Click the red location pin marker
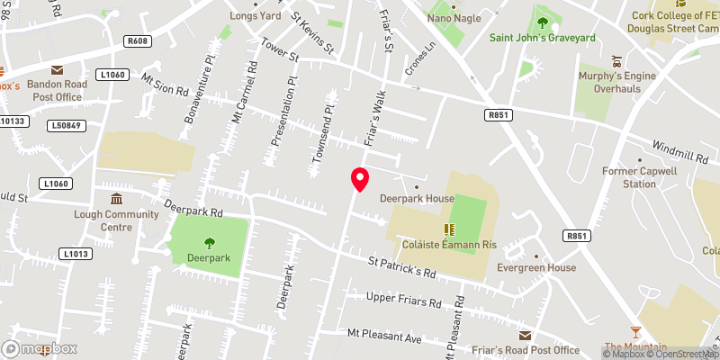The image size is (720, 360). [x=359, y=179]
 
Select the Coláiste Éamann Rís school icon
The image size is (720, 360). [x=447, y=230]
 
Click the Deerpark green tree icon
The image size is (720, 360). [x=209, y=241]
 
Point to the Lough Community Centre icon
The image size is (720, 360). [x=116, y=199]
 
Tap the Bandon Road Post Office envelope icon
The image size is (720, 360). [x=57, y=69]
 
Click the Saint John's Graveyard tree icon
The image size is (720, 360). [x=542, y=22]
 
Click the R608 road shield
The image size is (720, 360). [x=137, y=41]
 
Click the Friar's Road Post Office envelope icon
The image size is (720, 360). [x=525, y=335]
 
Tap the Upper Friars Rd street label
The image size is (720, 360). [x=404, y=300]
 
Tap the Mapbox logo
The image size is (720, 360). [x=40, y=349]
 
